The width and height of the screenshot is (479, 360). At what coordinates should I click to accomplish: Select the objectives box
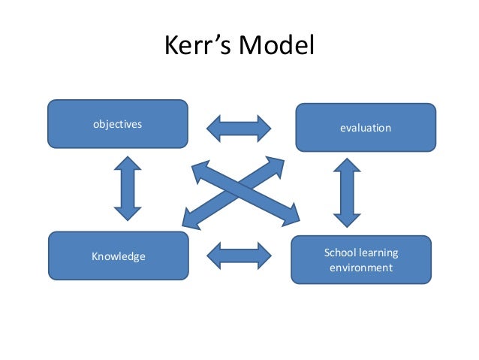pos(118,124)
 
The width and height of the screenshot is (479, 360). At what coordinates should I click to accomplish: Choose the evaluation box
pos(366,128)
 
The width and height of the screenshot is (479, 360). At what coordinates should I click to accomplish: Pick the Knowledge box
pos(118,256)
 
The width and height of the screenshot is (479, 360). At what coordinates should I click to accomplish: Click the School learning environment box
pos(361,259)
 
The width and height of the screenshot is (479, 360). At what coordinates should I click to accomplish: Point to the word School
pos(339,252)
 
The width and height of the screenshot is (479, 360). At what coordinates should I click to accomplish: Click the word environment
pos(361,268)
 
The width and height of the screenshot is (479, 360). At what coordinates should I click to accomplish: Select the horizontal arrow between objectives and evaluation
pos(239,129)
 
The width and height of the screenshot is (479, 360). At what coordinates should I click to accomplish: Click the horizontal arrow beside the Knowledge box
pos(239,256)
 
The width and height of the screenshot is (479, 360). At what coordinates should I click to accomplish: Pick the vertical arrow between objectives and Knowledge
pos(128,188)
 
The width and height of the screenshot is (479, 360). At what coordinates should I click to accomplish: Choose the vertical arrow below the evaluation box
pos(347,192)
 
